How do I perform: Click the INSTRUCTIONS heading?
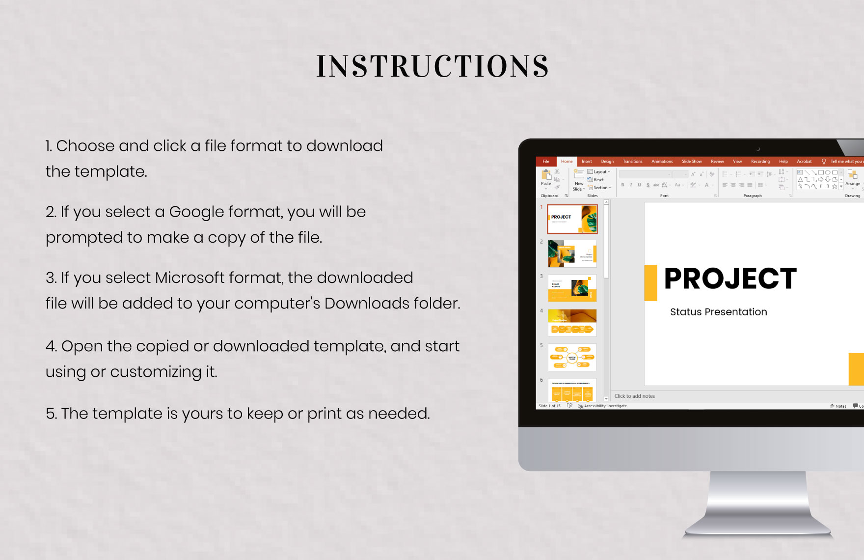point(432,66)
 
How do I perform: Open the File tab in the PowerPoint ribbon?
point(546,162)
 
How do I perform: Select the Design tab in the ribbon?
point(607,162)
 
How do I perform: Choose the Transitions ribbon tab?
point(632,162)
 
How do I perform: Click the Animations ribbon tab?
point(662,162)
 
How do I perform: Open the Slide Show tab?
point(691,162)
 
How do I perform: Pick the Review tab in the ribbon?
point(717,162)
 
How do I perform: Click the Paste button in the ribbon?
point(546,178)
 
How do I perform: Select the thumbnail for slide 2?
point(572,253)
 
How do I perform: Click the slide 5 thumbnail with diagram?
point(572,357)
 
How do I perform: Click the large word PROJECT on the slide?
point(730,279)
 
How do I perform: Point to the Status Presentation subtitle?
point(718,312)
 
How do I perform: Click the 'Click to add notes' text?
point(634,396)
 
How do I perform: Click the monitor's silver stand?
point(758,506)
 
